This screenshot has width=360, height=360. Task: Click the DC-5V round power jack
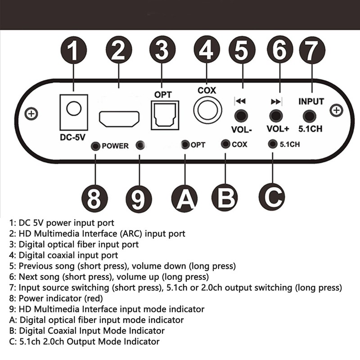click(73, 108)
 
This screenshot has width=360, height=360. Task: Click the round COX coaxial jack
click(207, 110)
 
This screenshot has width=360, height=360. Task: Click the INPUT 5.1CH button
click(309, 117)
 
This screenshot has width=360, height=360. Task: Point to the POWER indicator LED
click(95, 145)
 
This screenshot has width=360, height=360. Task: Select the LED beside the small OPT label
click(185, 144)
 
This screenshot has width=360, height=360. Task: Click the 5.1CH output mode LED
click(272, 144)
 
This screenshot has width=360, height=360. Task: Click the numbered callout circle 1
click(74, 51)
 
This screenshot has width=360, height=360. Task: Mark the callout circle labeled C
click(272, 196)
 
